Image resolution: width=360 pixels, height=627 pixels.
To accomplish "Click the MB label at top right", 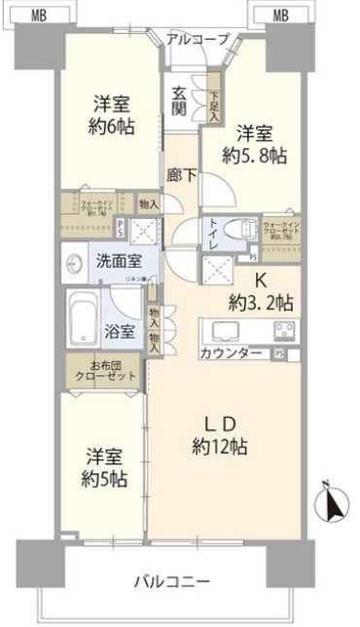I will [279, 14].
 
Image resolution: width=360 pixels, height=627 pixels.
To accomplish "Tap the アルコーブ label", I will [198, 39].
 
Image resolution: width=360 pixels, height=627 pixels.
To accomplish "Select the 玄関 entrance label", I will [181, 100].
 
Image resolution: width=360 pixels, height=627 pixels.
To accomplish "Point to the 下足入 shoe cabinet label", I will [215, 100].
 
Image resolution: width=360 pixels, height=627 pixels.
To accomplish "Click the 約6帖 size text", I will [113, 128].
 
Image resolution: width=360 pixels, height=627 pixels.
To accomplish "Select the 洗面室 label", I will [115, 263].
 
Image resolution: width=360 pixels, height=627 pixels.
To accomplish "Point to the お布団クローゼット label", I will [108, 371].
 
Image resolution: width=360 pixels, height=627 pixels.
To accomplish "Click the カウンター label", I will [232, 353].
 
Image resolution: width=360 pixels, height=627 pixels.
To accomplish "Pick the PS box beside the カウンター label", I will [280, 353].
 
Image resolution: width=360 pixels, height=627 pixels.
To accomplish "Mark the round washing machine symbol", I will [76, 264].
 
